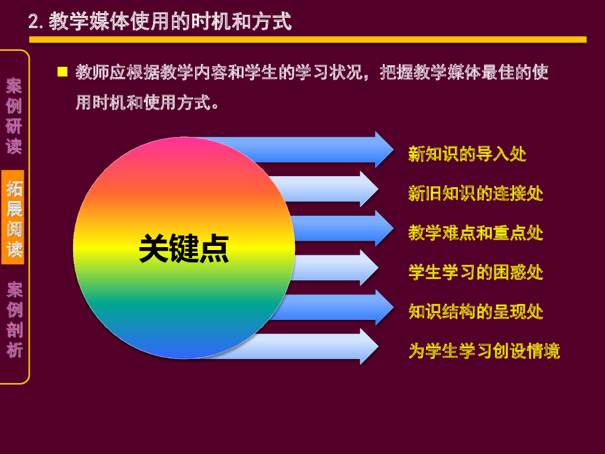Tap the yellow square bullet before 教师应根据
click(62, 72)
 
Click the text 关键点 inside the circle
click(184, 249)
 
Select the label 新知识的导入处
click(467, 154)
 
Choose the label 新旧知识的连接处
click(476, 193)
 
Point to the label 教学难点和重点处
click(476, 232)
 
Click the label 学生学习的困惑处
click(476, 272)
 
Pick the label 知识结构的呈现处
click(476, 311)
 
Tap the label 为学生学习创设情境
click(484, 351)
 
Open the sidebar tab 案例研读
click(14, 116)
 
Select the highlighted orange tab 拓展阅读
click(14, 219)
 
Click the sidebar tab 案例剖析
click(14, 320)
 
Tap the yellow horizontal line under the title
click(307, 40)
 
